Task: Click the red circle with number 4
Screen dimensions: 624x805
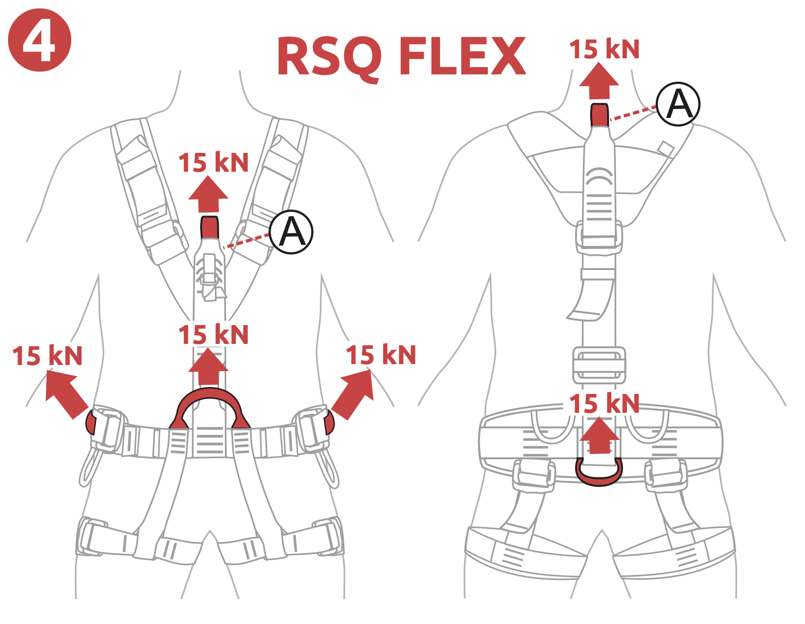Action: coord(39,40)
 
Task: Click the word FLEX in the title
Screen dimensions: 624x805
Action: coord(463,56)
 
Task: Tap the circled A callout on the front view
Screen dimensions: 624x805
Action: coord(291,232)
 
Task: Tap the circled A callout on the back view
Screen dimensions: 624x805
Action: coord(678,104)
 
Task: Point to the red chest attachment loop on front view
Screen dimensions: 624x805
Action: coord(210,228)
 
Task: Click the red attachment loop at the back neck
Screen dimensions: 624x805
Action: coord(599,115)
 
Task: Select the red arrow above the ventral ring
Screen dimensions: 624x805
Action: coord(208,367)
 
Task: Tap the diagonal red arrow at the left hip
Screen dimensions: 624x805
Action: coord(65,393)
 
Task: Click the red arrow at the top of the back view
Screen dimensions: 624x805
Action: coord(599,81)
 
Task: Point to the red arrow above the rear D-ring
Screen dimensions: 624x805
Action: coord(599,435)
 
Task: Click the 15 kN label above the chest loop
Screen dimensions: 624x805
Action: coord(213,163)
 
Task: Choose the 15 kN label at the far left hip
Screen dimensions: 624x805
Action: coord(48,356)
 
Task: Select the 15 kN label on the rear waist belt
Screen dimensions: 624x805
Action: coord(604,404)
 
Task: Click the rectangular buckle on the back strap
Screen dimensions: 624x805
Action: coord(599,365)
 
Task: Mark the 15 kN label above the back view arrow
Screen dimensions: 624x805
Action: coord(604,49)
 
